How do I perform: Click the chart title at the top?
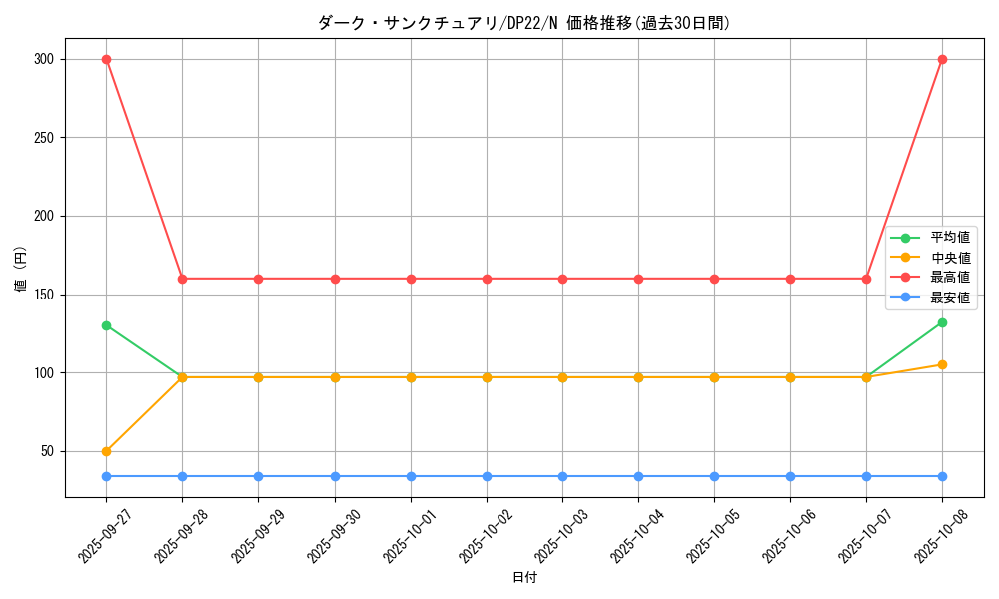(x=524, y=23)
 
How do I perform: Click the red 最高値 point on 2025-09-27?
(x=106, y=59)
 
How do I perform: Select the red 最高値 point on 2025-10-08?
(x=942, y=59)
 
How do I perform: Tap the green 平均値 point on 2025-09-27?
(x=106, y=325)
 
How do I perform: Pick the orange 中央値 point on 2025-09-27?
(x=106, y=451)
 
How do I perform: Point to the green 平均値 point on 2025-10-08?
(x=942, y=322)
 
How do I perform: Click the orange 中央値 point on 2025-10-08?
(x=942, y=364)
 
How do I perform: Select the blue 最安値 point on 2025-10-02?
(x=487, y=476)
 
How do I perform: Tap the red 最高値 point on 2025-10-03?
(x=562, y=279)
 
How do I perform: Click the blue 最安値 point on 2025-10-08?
(x=942, y=476)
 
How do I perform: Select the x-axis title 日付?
(x=524, y=578)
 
